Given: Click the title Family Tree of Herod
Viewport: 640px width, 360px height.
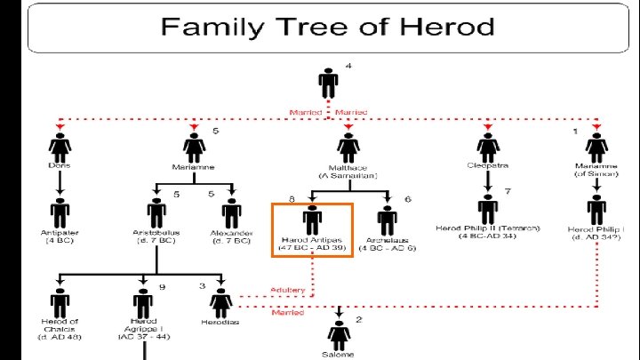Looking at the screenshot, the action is pos(327,26).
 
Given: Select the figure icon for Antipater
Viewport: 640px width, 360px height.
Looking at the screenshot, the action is pos(60,213).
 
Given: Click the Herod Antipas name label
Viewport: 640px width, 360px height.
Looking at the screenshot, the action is pos(312,240).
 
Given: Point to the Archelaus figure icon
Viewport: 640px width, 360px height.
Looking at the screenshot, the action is pos(387,219).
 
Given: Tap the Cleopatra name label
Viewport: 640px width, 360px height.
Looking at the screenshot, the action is pos(487,164).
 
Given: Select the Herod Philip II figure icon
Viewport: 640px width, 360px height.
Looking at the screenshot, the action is pos(487,210).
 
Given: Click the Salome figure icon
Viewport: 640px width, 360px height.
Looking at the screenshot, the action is pos(338,335).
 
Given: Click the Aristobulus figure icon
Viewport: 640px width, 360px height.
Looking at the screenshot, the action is pos(157,213).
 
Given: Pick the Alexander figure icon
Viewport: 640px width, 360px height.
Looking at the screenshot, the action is pos(232,213).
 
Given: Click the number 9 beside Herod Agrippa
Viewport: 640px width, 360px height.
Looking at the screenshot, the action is pos(162,286).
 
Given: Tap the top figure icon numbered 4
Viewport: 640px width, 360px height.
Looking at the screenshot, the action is pos(328,84).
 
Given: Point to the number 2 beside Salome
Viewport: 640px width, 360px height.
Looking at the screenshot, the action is pos(359,318).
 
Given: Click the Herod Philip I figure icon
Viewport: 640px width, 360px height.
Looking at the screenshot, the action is pos(596,211).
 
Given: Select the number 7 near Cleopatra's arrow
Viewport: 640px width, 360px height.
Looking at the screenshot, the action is pos(507,192).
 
